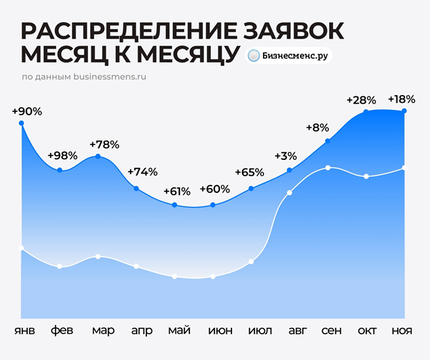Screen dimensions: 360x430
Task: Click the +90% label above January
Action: tap(27, 111)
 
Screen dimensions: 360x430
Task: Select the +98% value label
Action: tap(61, 156)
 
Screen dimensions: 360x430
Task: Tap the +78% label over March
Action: tap(104, 144)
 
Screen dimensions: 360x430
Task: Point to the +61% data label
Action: tap(176, 191)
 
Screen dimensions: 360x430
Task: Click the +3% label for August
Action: tap(286, 156)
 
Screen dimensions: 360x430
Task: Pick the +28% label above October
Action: tap(361, 99)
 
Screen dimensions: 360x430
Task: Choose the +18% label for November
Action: tap(401, 99)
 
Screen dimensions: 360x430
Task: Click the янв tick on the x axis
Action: tap(23, 331)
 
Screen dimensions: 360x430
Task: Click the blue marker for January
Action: tap(21, 124)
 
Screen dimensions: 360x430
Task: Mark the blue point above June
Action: tap(214, 206)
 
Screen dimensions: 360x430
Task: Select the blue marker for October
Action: tap(366, 111)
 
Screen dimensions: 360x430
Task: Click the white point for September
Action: tap(327, 168)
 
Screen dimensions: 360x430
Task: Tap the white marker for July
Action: tap(251, 261)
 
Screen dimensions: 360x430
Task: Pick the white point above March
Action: tap(98, 256)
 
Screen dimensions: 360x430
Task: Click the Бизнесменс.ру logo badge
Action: tap(289, 56)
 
